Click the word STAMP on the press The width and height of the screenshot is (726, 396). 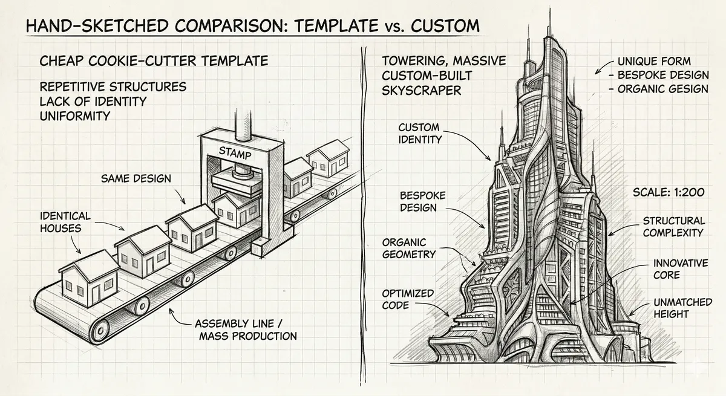point(235,153)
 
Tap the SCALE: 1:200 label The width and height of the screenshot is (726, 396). point(669,192)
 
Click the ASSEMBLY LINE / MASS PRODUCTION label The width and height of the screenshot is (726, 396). point(246,329)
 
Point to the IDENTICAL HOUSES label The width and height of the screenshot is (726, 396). point(60,222)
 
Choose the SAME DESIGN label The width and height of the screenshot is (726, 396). point(136,178)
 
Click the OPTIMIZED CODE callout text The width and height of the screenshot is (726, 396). point(408,299)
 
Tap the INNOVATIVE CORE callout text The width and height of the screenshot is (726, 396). point(681,269)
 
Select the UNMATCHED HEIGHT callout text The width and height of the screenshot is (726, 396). point(682,308)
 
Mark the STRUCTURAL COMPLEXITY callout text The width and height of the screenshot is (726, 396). point(674,227)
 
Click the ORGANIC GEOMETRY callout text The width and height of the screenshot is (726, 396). point(409,248)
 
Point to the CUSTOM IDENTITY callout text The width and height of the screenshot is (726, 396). point(420,134)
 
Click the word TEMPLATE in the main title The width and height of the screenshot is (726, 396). point(336,25)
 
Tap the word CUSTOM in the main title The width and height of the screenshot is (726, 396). point(445,25)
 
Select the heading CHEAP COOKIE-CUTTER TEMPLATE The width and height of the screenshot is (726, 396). point(154,61)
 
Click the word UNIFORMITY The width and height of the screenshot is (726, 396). point(75,116)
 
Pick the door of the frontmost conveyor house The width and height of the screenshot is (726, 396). point(96,293)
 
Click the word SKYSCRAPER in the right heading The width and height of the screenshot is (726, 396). point(421,90)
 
